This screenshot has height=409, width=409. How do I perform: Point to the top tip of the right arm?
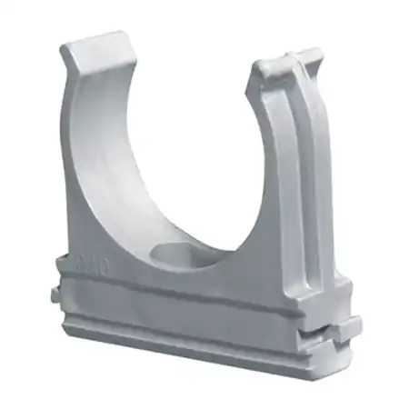click(288, 57)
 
